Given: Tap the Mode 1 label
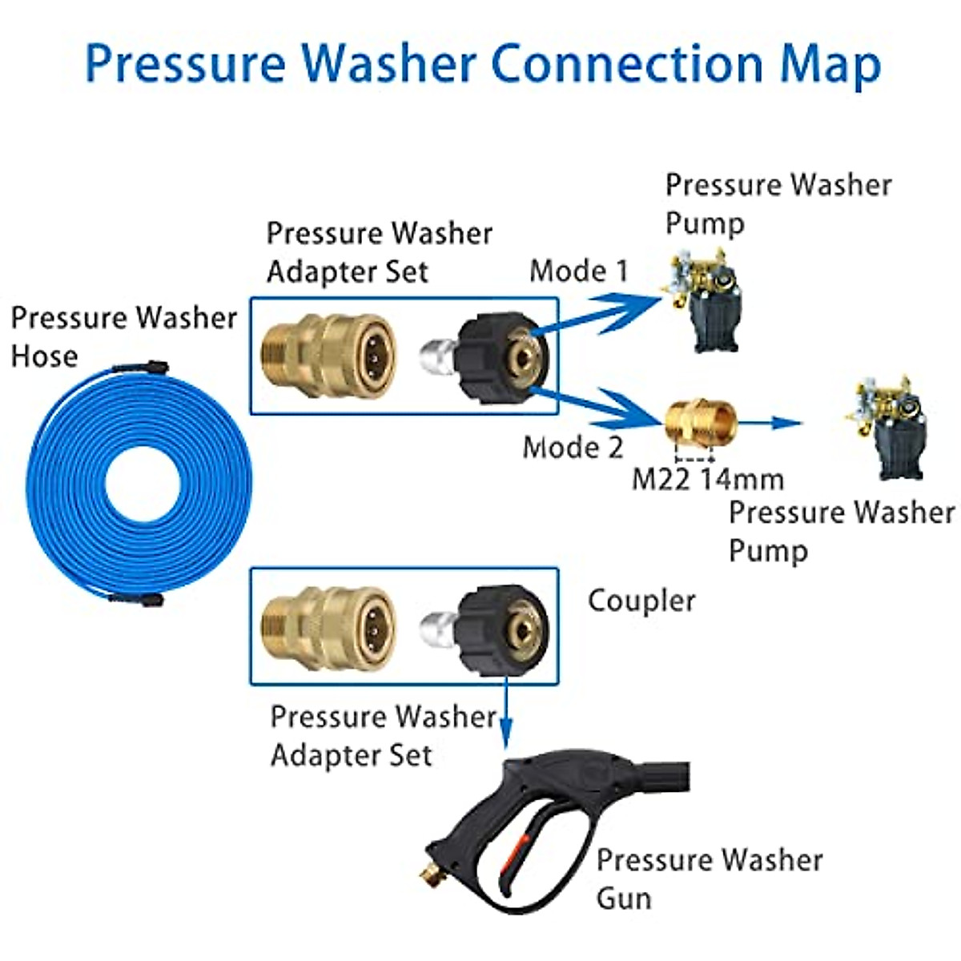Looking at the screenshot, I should (x=579, y=271).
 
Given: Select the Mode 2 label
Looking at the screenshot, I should (x=573, y=447).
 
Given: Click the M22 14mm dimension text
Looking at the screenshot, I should (x=708, y=479).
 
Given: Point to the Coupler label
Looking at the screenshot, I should (x=641, y=601).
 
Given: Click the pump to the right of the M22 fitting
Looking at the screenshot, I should (x=885, y=428).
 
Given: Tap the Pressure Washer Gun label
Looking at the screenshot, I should (x=708, y=879).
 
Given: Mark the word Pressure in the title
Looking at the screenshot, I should (x=185, y=64).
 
